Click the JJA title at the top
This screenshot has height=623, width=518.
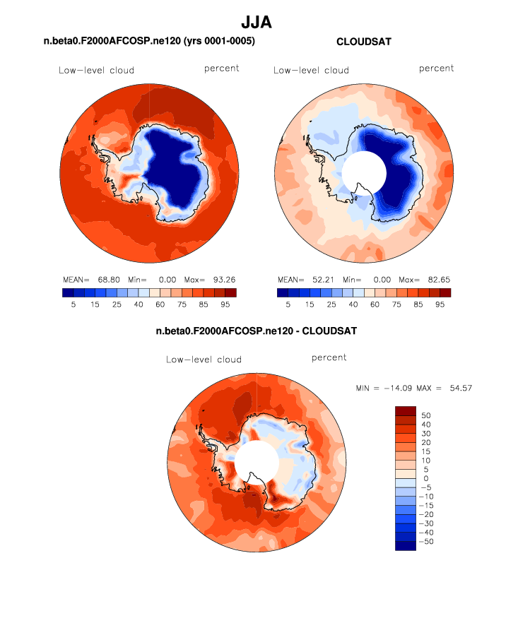click(257, 23)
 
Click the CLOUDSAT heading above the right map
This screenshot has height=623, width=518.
click(364, 42)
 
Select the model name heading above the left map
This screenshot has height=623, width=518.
click(149, 42)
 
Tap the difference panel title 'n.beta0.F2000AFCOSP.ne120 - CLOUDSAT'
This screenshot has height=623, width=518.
click(257, 331)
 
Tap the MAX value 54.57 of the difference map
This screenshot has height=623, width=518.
click(459, 388)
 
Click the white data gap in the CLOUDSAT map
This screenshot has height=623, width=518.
click(364, 173)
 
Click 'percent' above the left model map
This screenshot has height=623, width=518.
click(222, 69)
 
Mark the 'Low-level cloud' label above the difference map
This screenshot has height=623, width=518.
click(204, 360)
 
